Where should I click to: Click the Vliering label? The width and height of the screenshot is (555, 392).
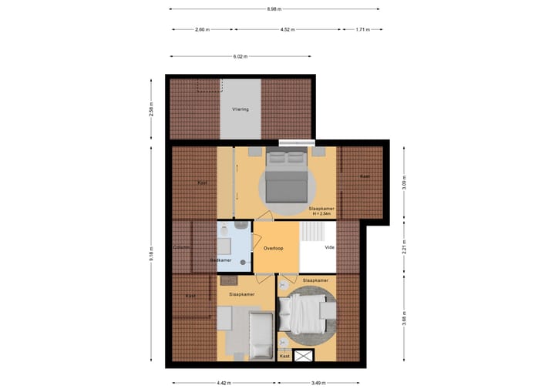pyautogui.click(x=240, y=109)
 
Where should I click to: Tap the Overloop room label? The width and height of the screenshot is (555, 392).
pyautogui.click(x=274, y=249)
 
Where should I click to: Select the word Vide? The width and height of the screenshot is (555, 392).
pyautogui.click(x=330, y=249)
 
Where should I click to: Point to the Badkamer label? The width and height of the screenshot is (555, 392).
pyautogui.click(x=221, y=260)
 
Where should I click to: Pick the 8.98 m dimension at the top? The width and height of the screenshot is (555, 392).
pyautogui.click(x=274, y=9)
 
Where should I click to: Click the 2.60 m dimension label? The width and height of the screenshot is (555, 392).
pyautogui.click(x=201, y=29)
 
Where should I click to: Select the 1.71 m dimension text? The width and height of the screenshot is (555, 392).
pyautogui.click(x=363, y=29)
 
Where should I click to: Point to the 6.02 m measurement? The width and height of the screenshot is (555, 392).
pyautogui.click(x=240, y=56)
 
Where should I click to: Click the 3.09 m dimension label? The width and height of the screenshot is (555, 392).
pyautogui.click(x=404, y=184)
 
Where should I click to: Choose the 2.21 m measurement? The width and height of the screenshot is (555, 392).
pyautogui.click(x=404, y=249)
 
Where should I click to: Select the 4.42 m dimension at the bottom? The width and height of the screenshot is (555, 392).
pyautogui.click(x=224, y=383)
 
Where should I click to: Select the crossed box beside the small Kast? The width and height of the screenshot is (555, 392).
pyautogui.click(x=304, y=356)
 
